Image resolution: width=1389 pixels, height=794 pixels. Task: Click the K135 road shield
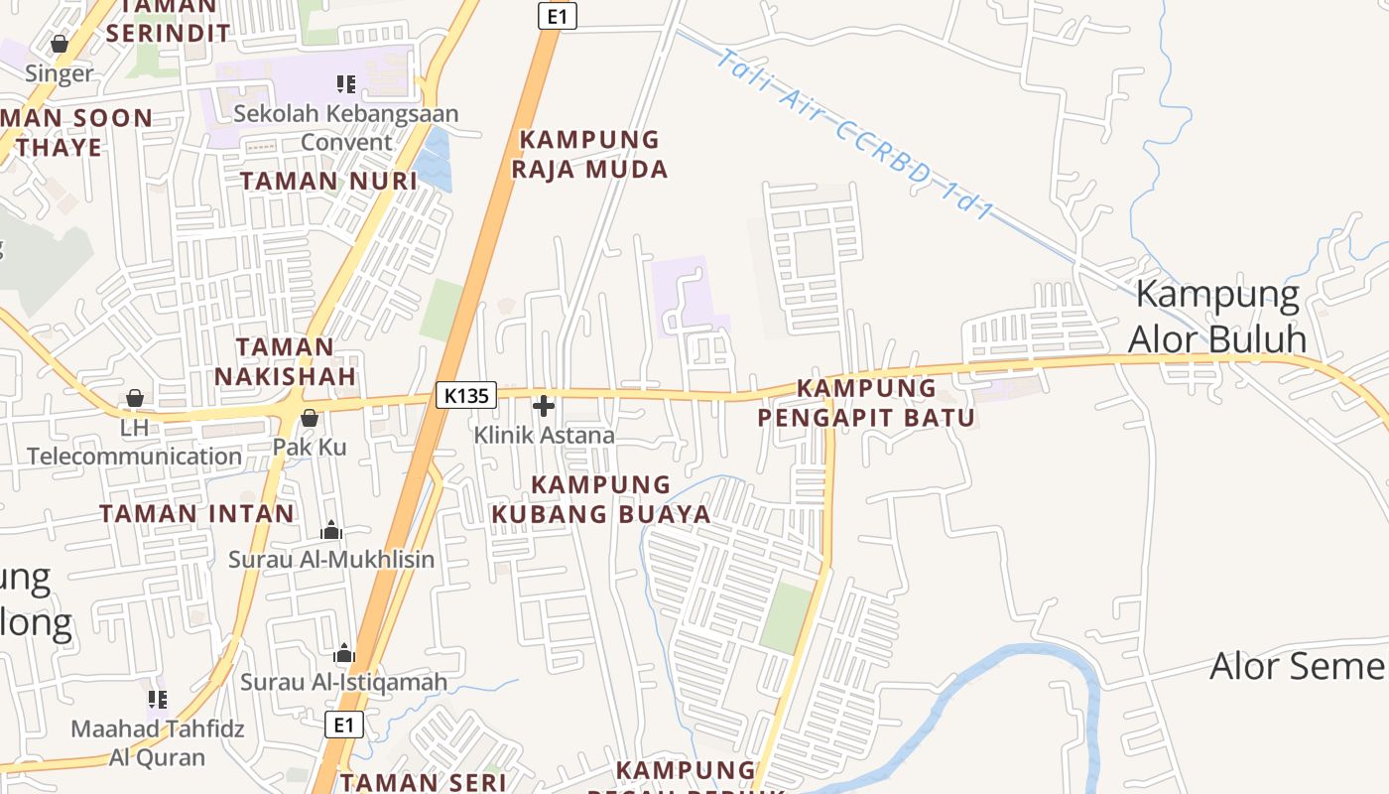click(x=466, y=395)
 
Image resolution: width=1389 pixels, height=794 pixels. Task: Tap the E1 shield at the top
click(x=557, y=16)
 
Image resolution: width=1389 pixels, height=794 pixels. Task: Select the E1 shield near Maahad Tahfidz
click(x=343, y=725)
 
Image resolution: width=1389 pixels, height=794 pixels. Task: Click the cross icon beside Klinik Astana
click(x=544, y=406)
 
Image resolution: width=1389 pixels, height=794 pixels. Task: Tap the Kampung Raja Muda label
click(x=589, y=154)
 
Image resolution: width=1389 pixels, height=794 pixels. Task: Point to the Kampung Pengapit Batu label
click(x=866, y=402)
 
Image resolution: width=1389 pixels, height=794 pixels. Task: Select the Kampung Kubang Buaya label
click(x=601, y=499)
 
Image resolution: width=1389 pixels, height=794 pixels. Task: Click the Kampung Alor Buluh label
click(x=1217, y=317)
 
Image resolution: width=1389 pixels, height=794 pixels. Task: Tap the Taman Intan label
click(x=197, y=513)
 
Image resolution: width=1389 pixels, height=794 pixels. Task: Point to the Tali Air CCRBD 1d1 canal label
click(x=854, y=135)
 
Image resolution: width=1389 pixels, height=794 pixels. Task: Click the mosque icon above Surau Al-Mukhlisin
click(x=331, y=531)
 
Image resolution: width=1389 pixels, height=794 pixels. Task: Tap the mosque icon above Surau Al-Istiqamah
click(x=344, y=653)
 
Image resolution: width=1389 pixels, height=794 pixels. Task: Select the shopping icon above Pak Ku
click(x=310, y=418)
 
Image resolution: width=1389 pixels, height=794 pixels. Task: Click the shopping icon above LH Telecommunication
click(x=134, y=399)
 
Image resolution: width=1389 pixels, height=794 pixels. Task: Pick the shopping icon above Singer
click(x=59, y=45)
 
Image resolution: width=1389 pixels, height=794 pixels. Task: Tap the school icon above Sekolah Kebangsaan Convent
click(x=345, y=84)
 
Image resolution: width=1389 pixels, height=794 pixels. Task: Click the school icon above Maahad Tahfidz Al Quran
click(x=157, y=700)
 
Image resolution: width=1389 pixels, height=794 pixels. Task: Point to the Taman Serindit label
click(x=168, y=20)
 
